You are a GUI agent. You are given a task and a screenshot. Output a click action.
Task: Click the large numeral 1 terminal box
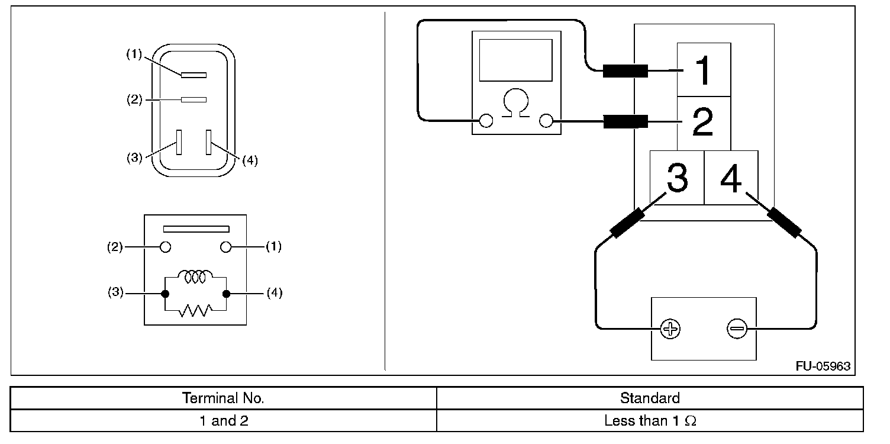coord(703,70)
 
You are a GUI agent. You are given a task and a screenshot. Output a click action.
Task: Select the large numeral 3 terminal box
coord(677,178)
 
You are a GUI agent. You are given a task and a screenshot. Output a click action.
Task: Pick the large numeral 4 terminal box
coord(731,178)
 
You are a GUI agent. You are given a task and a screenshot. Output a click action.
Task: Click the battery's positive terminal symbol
coord(670,329)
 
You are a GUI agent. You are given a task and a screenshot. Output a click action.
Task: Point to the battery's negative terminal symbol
coord(737,329)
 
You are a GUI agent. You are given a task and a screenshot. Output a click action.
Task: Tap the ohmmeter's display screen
coord(516,60)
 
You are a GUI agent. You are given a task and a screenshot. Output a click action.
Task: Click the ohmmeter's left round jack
coord(486,121)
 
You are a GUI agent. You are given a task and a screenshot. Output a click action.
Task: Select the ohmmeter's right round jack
coord(546,121)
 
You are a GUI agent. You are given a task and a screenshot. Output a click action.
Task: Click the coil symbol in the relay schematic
coord(195,276)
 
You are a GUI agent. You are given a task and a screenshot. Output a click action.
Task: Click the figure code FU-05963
coord(823,366)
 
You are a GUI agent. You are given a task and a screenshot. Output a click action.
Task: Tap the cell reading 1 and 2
coord(223,422)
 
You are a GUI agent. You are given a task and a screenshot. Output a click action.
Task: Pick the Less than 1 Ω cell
coord(650,422)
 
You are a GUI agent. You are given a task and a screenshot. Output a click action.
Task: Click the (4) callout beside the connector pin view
coord(250,161)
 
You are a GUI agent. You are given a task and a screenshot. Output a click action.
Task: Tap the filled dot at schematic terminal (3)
coord(165,294)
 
